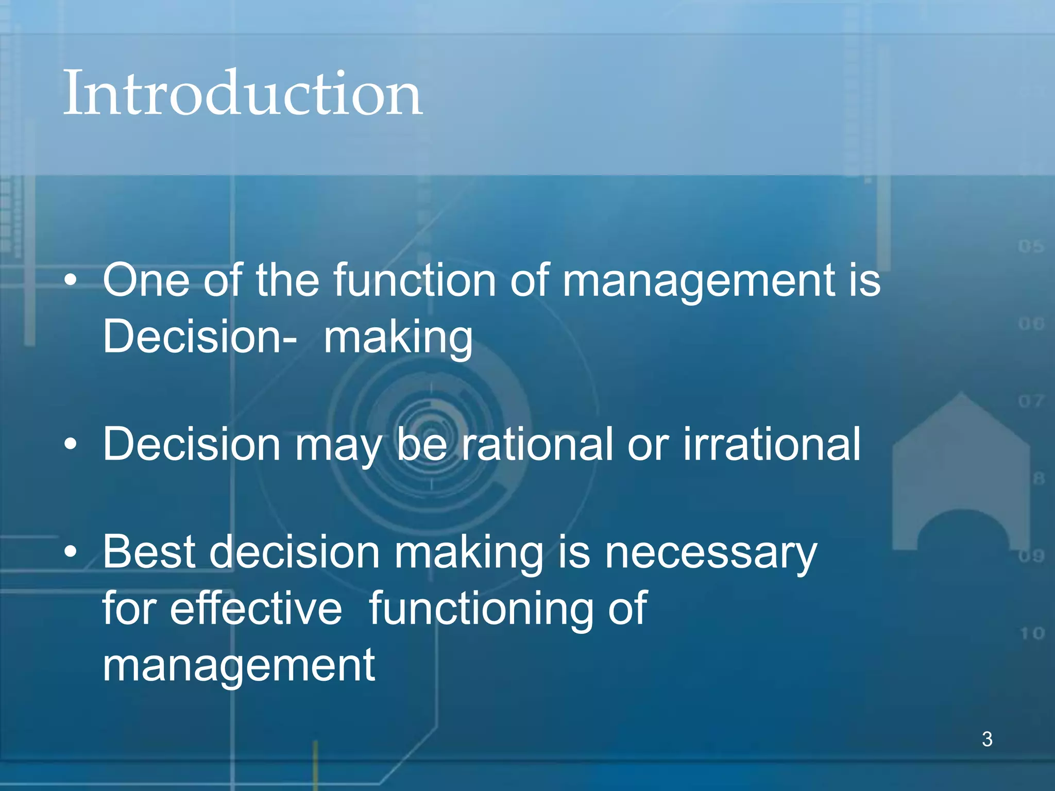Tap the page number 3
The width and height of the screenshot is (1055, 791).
[x=987, y=739]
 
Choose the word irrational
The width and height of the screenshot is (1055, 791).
[x=771, y=444]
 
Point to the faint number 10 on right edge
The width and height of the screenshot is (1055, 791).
[x=1032, y=633]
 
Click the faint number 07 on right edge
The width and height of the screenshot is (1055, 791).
[x=1031, y=401]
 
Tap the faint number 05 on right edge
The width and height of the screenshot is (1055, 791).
[x=1031, y=246]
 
